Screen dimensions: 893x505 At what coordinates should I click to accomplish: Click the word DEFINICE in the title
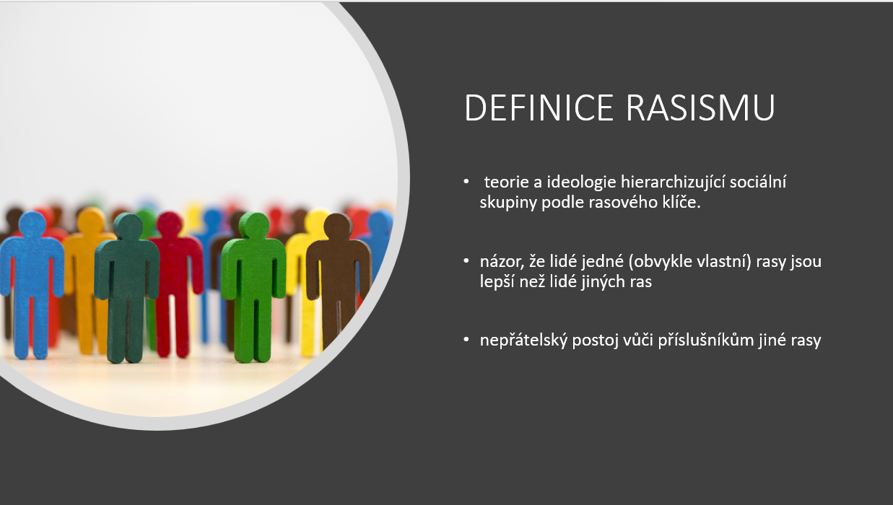point(539,107)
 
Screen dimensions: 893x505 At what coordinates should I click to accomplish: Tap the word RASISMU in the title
point(700,107)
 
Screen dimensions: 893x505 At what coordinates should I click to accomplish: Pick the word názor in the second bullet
point(502,262)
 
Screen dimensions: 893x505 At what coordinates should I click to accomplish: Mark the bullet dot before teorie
point(466,182)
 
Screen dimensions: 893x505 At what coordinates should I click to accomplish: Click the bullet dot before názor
point(466,261)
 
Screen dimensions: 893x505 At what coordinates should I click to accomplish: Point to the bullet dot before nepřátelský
point(466,340)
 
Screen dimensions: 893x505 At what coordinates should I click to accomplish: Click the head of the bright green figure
point(254,225)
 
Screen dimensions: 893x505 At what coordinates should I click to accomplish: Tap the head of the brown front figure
point(338,227)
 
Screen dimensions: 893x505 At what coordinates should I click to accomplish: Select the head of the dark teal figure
point(128,227)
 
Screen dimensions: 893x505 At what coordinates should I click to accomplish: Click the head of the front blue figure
point(32,224)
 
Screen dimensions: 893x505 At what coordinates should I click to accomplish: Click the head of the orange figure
point(91,221)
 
